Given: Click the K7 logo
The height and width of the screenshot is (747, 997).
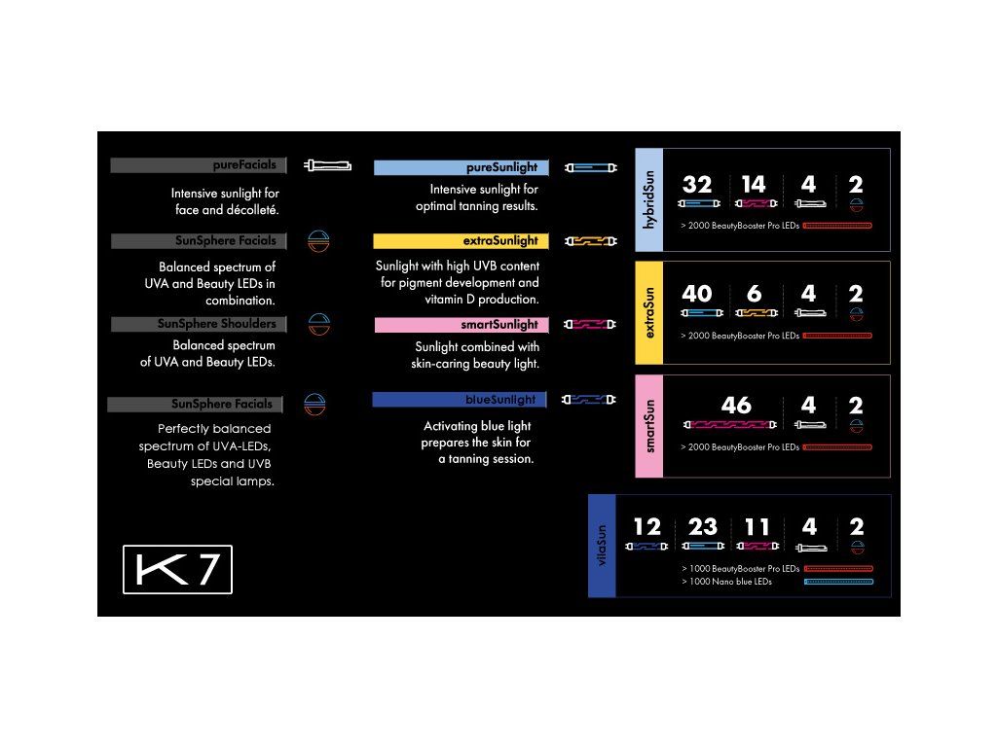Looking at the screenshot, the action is tap(177, 571).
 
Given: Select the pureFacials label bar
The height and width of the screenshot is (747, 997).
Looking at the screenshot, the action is tap(199, 165).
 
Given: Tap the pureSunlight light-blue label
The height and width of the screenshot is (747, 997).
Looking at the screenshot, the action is tap(462, 167).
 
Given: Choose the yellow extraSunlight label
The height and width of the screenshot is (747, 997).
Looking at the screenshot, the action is tap(462, 241).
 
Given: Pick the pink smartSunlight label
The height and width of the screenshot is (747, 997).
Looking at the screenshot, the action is tap(462, 325).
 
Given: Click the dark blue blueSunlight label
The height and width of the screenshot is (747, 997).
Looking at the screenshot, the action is tap(460, 400).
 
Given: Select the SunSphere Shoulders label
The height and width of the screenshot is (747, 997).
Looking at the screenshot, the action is tap(199, 324).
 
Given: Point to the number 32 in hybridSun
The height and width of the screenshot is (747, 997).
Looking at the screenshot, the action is tap(697, 185).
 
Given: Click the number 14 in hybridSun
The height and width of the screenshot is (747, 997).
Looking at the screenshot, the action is tap(753, 185).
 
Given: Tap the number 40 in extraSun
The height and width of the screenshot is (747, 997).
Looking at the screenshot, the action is tap(697, 294).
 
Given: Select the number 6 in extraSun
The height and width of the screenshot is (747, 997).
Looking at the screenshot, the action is tap(753, 294).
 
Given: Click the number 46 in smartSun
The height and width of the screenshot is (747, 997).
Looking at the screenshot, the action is tap(736, 406).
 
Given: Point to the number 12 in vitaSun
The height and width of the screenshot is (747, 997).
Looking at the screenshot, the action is tap(646, 527).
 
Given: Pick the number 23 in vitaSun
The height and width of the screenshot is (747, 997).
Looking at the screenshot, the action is tap(702, 527).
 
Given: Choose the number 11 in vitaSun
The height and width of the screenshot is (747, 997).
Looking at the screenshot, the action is tap(757, 527).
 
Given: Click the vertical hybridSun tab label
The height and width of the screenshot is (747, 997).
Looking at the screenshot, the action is tap(649, 200).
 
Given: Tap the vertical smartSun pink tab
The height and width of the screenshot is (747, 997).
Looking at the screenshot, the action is tap(649, 426).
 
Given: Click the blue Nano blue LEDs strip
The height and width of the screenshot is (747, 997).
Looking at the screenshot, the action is tap(838, 582).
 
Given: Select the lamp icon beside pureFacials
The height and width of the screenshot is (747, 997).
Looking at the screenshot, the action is tap(327, 165).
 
